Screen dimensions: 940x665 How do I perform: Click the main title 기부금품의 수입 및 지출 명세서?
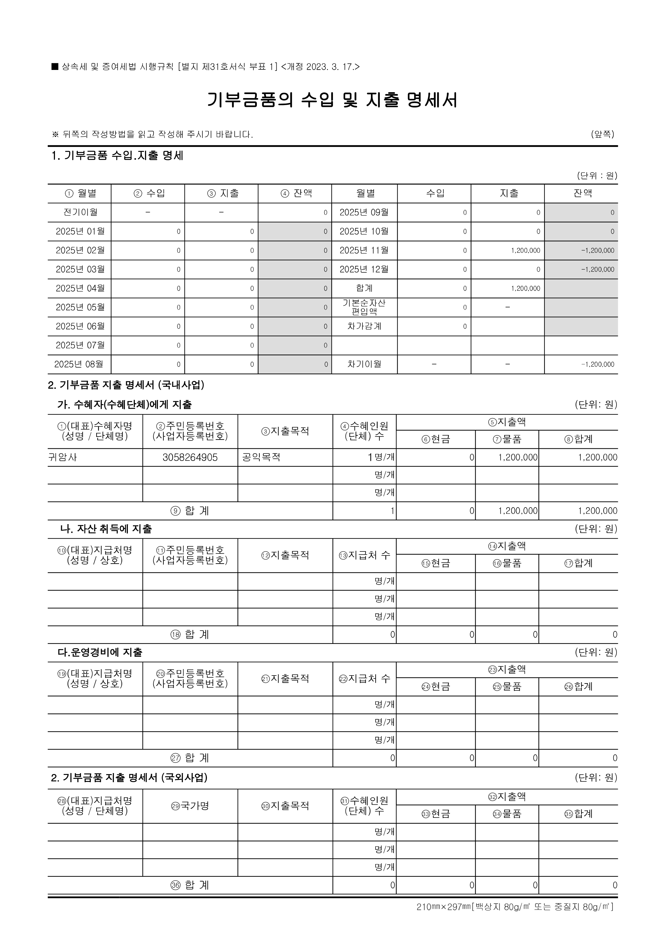click(x=332, y=100)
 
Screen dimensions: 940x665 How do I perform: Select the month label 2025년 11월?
click(x=364, y=250)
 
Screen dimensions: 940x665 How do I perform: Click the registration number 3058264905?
click(x=190, y=457)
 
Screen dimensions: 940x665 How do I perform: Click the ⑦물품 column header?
click(x=507, y=439)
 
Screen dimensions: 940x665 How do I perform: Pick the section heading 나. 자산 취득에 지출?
click(x=106, y=529)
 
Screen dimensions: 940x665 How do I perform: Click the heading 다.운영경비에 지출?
click(x=100, y=652)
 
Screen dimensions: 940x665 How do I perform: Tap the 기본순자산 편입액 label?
click(x=364, y=307)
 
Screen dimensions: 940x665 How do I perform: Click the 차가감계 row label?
click(x=364, y=326)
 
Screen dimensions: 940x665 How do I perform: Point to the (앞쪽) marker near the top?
click(x=602, y=134)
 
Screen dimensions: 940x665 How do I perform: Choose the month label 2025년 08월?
click(x=79, y=364)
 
